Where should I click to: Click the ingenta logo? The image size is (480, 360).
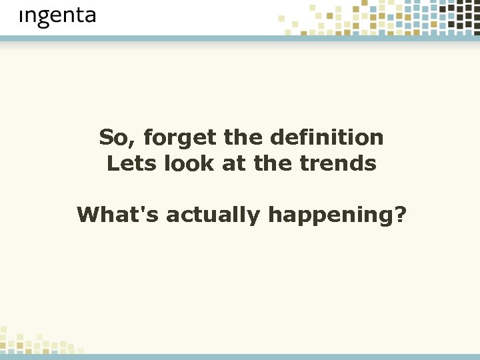[57, 17]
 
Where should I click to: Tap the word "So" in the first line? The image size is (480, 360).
[110, 138]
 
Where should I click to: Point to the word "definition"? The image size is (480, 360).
[327, 138]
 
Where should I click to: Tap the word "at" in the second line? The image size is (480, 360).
[233, 164]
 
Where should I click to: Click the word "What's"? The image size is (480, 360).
[118, 215]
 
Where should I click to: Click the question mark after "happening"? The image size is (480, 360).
[400, 215]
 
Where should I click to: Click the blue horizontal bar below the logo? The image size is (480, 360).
[240, 39]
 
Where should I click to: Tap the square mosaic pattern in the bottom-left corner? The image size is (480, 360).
[33, 341]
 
